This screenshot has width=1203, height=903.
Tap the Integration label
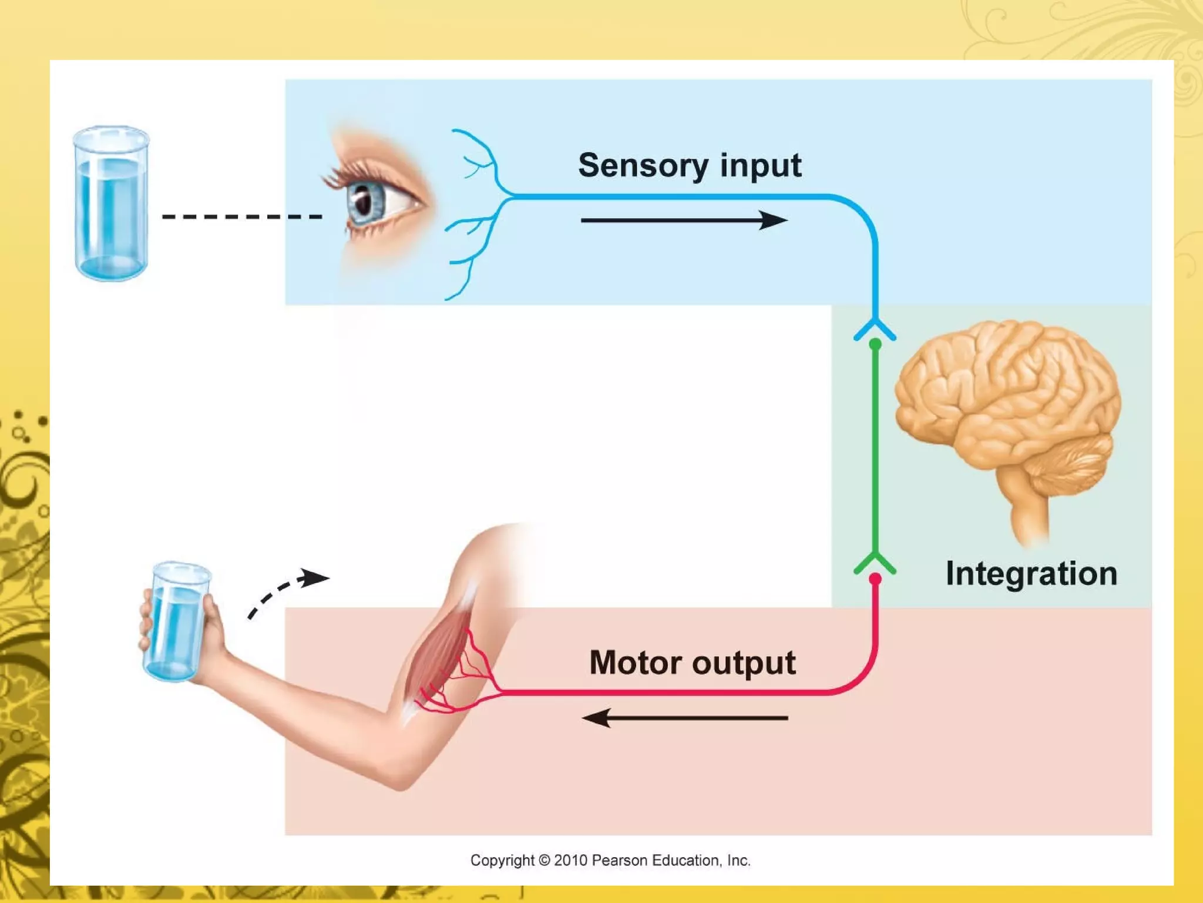(x=1031, y=573)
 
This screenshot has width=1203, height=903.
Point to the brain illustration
(x=1007, y=406)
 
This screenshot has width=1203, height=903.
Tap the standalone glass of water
(x=111, y=203)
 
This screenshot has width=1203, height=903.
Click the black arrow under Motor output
(x=684, y=718)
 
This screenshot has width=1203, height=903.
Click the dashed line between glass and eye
(x=241, y=217)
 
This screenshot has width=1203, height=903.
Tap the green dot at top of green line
(x=875, y=345)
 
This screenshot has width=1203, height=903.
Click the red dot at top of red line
(x=875, y=580)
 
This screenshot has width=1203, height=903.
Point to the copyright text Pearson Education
(x=670, y=861)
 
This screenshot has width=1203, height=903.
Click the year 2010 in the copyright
(x=570, y=861)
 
